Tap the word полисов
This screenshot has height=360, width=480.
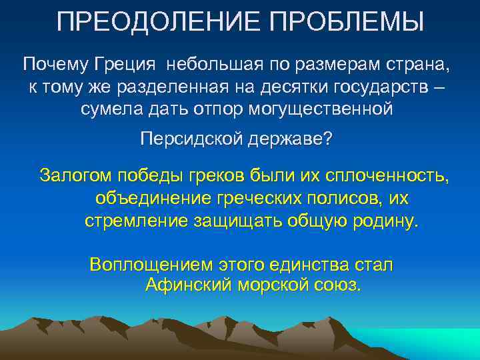(x=346, y=198)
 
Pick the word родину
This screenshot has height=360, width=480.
(x=387, y=221)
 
